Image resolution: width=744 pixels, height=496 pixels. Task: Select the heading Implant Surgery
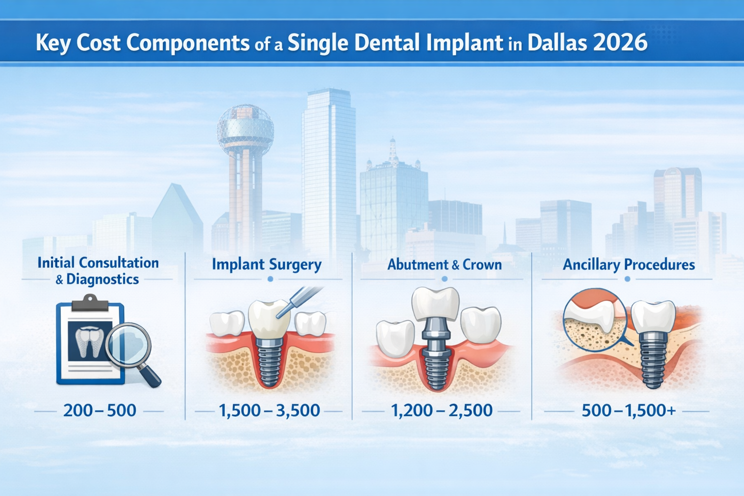coord(266,264)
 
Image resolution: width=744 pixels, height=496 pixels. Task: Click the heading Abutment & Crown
coord(444,264)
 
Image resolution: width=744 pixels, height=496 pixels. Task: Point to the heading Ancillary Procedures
coord(628,264)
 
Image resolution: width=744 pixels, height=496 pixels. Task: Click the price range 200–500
coord(100,411)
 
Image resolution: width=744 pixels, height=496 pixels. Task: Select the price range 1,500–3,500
coord(269,411)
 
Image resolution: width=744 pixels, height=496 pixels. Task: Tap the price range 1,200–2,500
coord(441,411)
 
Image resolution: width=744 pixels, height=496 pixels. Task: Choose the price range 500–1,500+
coord(628,411)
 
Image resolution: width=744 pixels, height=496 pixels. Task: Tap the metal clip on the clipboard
coord(90,304)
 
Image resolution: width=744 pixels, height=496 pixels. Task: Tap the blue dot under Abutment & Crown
coord(444,279)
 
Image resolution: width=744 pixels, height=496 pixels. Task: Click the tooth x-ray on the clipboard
coord(91,341)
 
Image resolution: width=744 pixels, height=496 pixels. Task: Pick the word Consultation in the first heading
coord(118,263)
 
